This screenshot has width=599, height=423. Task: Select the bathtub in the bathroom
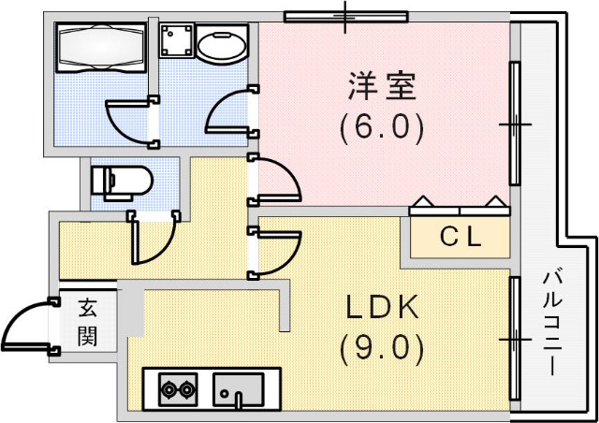(98, 46)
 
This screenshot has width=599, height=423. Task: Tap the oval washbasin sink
(222, 44)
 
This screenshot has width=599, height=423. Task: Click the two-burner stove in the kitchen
(178, 387)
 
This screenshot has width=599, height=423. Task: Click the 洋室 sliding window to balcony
(514, 124)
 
